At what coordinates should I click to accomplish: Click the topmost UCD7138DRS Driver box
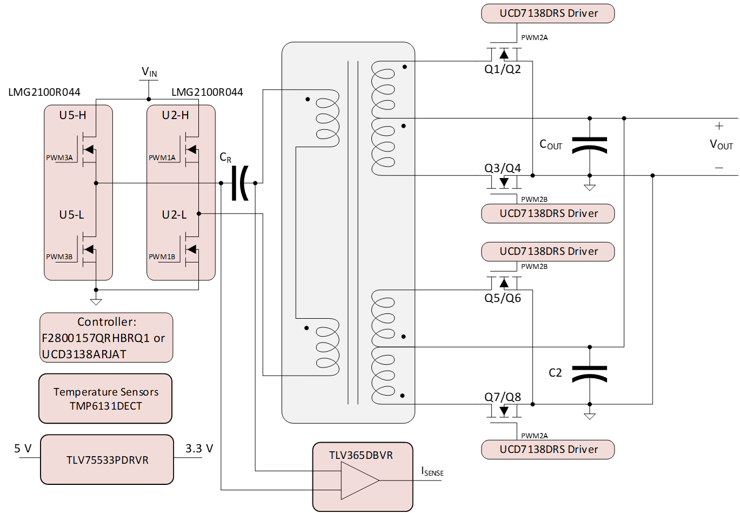click(548, 14)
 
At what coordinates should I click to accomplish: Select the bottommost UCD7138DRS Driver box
click(548, 450)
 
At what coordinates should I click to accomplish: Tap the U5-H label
click(72, 115)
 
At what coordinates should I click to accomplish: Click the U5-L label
click(71, 215)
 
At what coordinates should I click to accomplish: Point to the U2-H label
click(175, 115)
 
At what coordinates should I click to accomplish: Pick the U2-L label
click(174, 215)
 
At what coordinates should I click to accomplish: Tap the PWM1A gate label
click(162, 157)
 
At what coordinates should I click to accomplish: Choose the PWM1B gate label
click(162, 256)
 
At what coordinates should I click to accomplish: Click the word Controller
click(106, 322)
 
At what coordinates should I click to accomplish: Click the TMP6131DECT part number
click(106, 406)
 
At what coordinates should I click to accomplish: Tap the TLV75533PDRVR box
click(107, 460)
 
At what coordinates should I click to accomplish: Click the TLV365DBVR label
click(361, 455)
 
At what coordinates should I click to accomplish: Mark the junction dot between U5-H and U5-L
click(96, 183)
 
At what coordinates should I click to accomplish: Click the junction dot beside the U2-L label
click(198, 214)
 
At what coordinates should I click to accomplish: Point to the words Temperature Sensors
click(106, 392)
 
